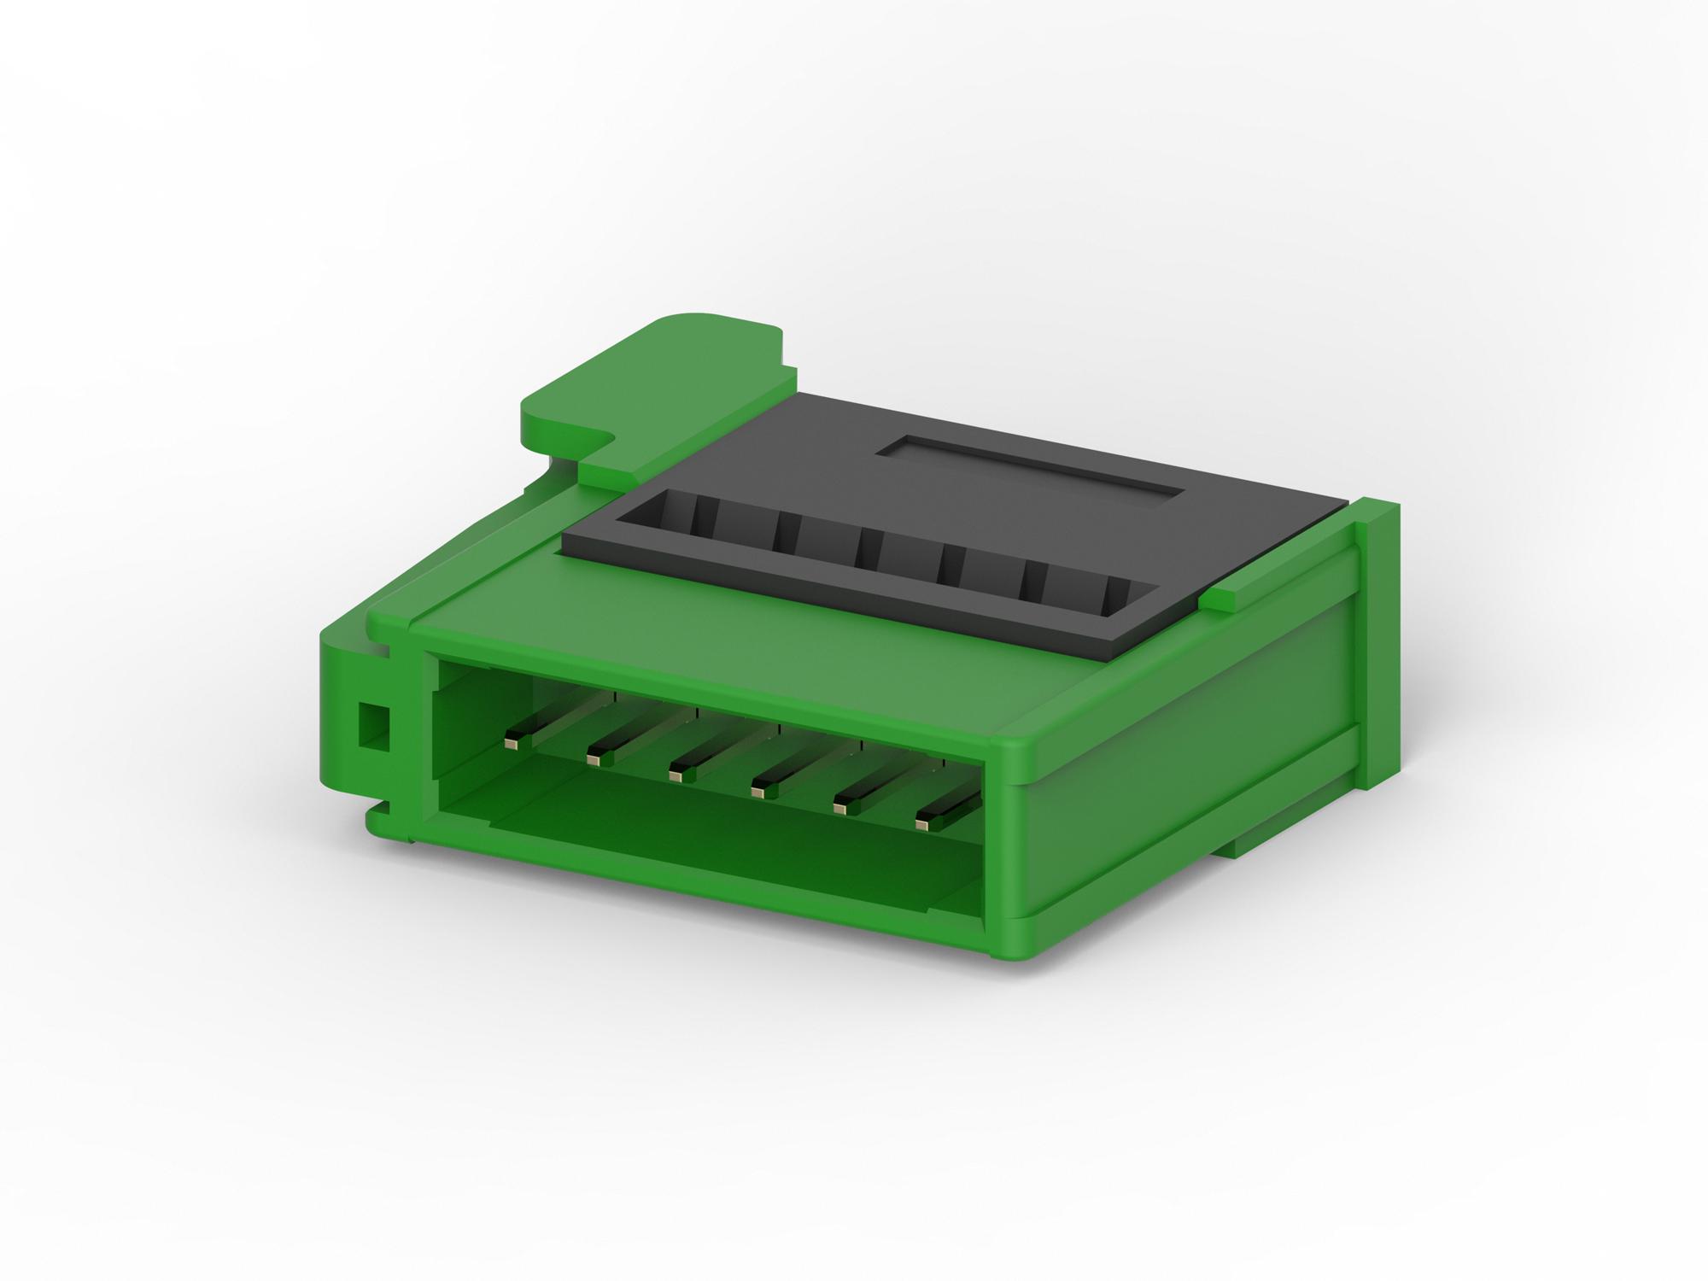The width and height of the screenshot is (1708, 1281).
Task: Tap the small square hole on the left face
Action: (372, 725)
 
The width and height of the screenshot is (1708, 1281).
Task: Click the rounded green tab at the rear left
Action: (649, 376)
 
